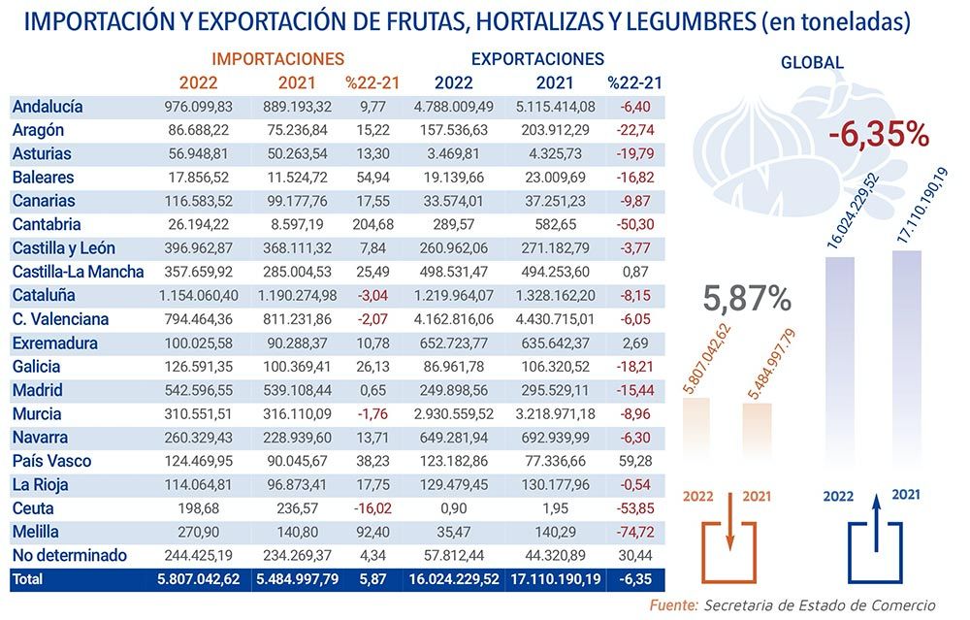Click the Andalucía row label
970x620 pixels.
pyautogui.click(x=48, y=107)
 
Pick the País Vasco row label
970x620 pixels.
pyautogui.click(x=49, y=461)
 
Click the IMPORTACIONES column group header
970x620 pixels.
pyautogui.click(x=277, y=60)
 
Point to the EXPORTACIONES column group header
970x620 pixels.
pyautogui.click(x=537, y=59)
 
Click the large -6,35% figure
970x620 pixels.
pyautogui.click(x=879, y=135)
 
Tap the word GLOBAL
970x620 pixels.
pyautogui.click(x=812, y=63)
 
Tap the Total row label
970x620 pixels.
pyautogui.click(x=27, y=578)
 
